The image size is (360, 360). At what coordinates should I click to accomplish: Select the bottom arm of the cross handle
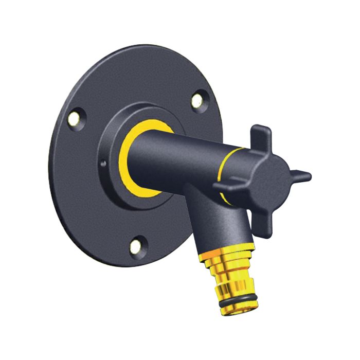click(265, 226)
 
